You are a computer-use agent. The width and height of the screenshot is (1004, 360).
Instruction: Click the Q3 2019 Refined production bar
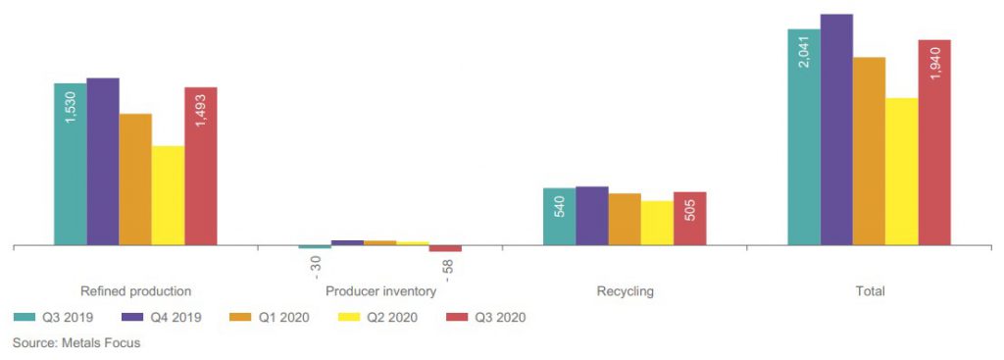coord(71,164)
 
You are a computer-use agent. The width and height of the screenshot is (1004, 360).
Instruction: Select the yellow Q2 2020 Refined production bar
coord(169,195)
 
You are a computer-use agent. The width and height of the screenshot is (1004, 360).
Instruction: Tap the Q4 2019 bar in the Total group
coord(837,129)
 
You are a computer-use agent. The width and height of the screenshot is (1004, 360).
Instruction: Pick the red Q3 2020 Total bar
coord(934,142)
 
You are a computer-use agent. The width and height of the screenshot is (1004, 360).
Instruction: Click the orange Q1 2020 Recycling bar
coord(625,219)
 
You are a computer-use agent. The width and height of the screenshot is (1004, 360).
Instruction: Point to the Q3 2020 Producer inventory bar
coord(445,248)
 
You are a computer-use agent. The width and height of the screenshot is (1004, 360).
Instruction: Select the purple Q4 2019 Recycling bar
coord(592,216)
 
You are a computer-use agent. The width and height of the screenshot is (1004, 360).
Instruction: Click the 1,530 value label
coord(71,107)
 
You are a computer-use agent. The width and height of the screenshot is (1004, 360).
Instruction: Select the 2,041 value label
coord(804,52)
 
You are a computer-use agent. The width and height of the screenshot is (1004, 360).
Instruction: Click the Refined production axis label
coord(135,291)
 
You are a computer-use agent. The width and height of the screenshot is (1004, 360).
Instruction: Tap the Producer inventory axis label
coord(381,291)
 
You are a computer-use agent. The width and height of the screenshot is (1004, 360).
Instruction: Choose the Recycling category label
coord(625,291)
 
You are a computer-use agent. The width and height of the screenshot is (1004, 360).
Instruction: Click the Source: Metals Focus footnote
coord(76,342)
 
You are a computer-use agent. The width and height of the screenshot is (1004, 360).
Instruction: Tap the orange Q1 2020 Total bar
coord(870,151)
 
